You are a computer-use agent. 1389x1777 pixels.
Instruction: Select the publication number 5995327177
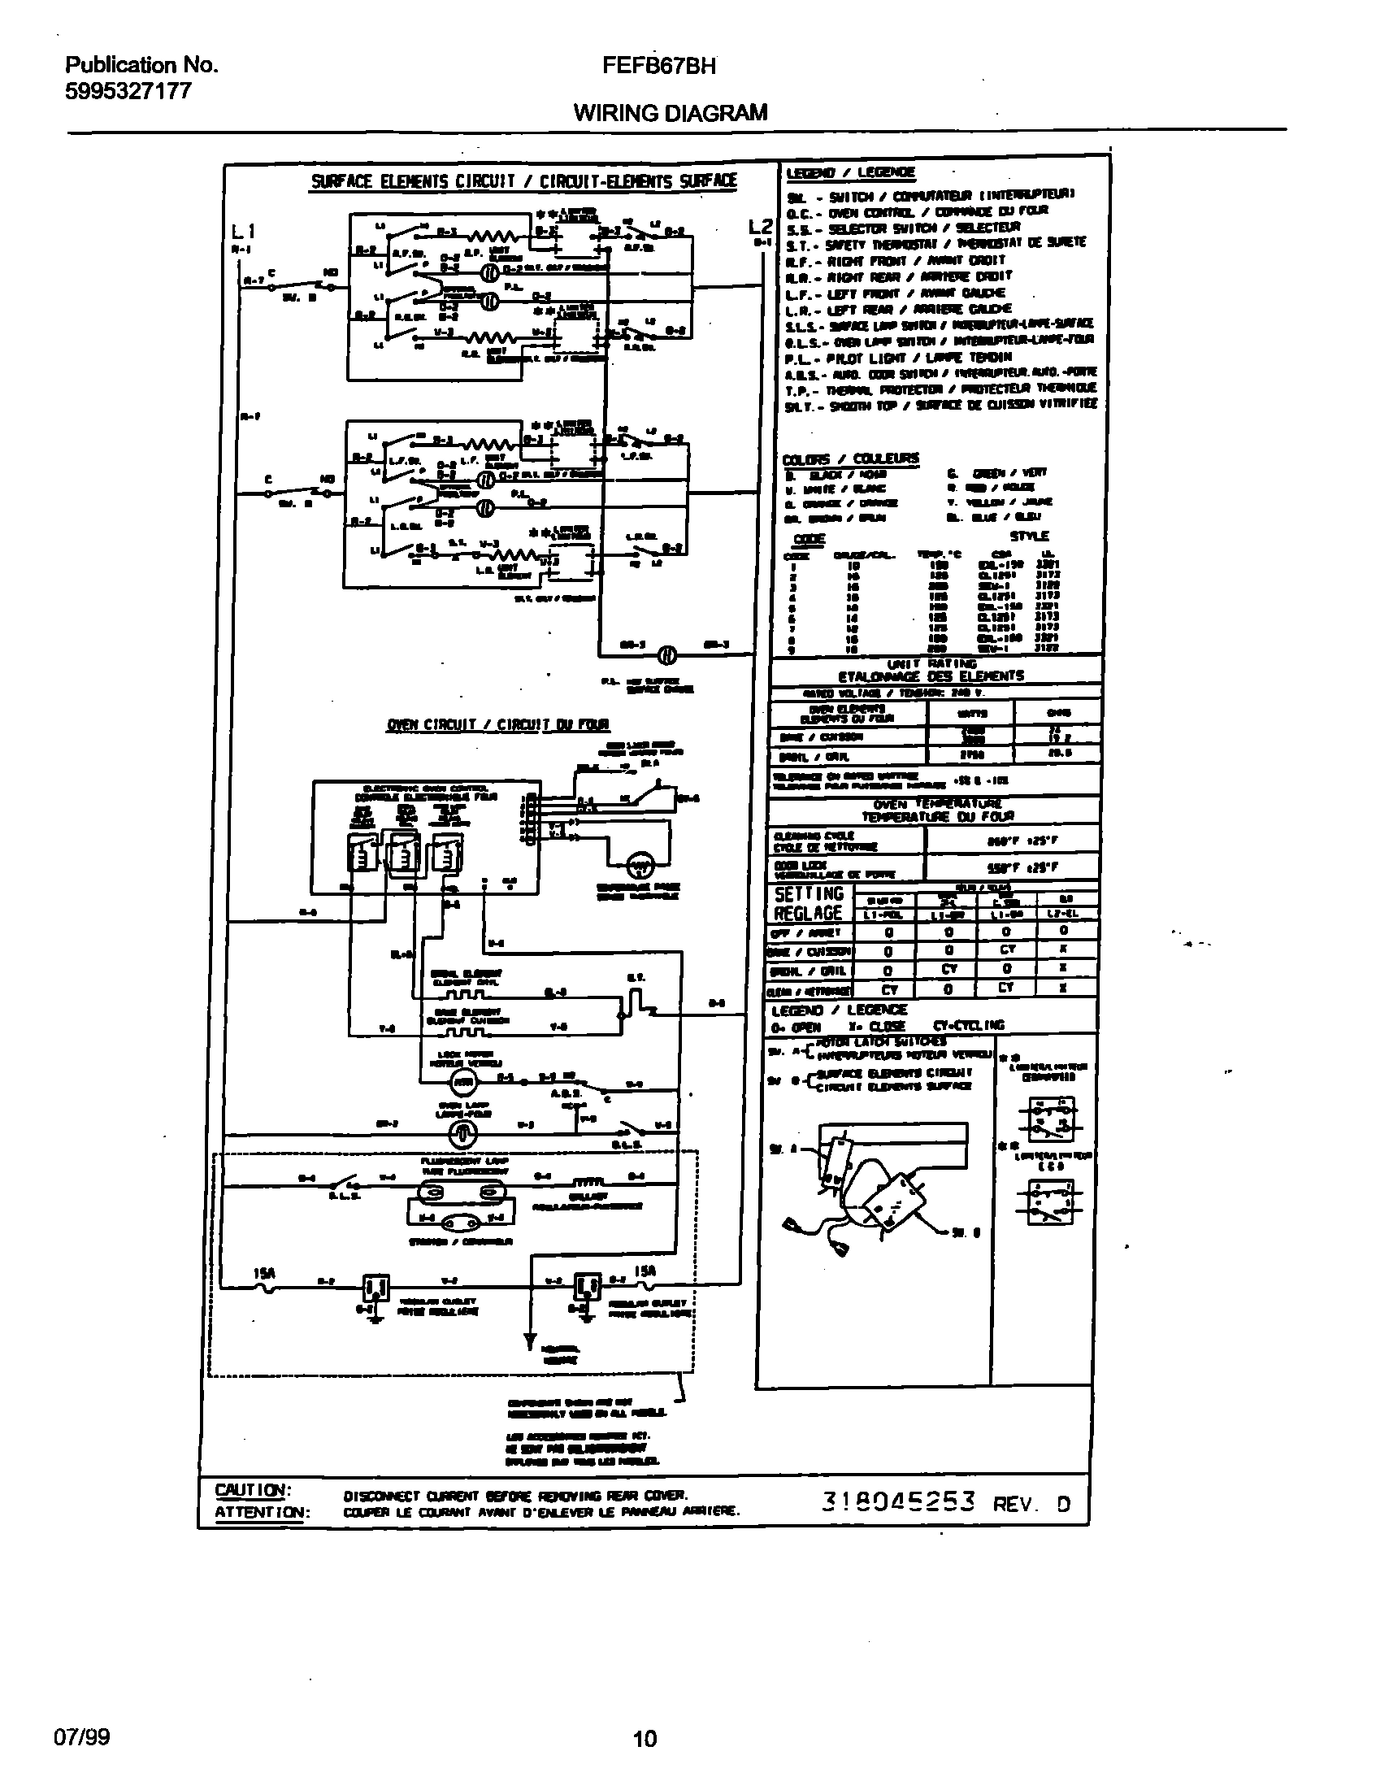[128, 91]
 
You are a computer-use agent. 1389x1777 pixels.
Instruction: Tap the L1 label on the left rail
[243, 232]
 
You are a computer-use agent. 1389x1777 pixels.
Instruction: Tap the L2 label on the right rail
[760, 228]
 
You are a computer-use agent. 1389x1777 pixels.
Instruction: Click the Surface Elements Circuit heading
[523, 181]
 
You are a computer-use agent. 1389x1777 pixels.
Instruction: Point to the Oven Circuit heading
[498, 724]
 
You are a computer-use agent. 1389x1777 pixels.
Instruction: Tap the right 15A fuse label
[645, 1271]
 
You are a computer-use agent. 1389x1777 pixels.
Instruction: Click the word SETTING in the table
[809, 894]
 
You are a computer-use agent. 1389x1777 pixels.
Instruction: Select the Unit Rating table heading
[931, 670]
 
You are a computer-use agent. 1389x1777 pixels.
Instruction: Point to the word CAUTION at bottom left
[251, 1491]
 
